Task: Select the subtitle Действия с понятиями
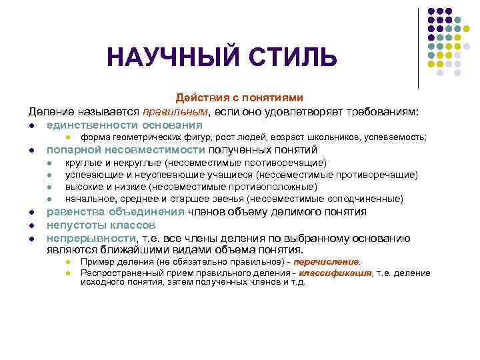click(239, 97)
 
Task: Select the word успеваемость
click(397, 137)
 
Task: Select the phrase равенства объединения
click(115, 212)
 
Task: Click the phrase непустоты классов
click(101, 225)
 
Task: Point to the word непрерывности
click(90, 238)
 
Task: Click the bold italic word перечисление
click(331, 262)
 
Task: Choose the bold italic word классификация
click(335, 273)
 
